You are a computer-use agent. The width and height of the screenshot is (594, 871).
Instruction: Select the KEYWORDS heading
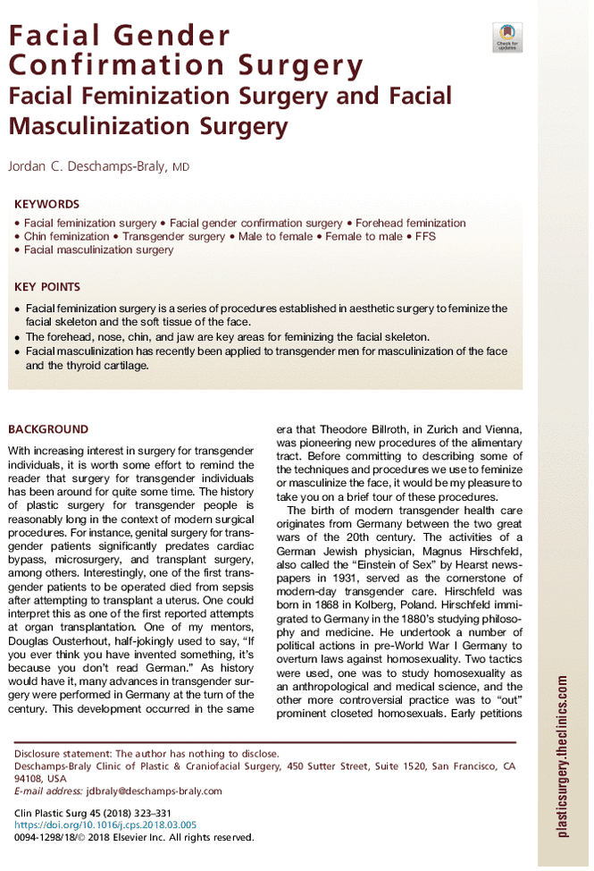point(47,204)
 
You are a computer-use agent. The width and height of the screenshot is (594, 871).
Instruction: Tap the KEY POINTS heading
point(47,287)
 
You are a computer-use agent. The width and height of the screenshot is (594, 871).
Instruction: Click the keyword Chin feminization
point(65,236)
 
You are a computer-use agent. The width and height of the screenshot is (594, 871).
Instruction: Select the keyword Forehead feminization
point(414,223)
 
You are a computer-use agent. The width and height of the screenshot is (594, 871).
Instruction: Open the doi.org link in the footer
point(105,824)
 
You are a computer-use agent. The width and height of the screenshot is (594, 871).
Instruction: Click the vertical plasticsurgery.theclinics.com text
point(562,757)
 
